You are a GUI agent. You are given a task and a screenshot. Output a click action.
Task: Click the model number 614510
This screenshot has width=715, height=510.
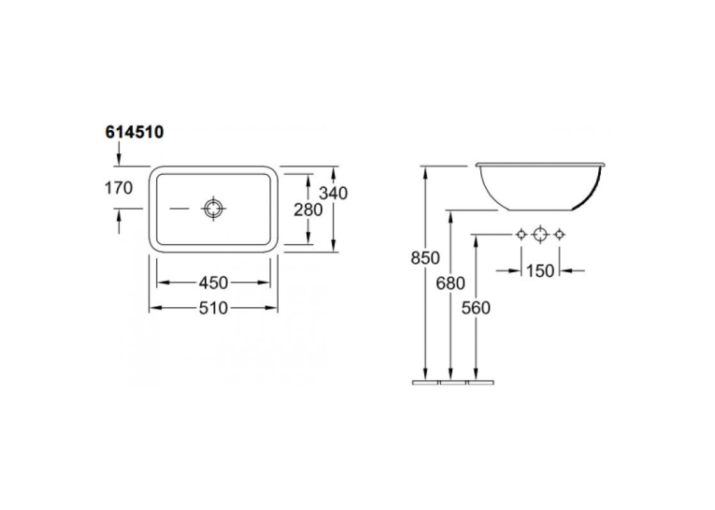point(134,132)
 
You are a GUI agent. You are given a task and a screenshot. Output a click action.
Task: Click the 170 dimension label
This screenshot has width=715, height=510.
point(119,188)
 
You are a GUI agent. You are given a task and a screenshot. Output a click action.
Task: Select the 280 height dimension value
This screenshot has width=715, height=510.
point(307,210)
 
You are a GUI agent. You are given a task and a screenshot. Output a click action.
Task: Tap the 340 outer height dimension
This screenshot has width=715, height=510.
point(333,193)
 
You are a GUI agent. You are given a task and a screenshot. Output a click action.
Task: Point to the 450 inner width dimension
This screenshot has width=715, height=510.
point(213,284)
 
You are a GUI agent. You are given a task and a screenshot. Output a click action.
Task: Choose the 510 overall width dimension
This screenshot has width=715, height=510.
point(213,308)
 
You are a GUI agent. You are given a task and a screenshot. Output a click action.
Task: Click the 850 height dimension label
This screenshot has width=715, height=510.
point(425,258)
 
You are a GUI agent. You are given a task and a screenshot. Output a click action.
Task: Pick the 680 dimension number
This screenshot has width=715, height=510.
point(450,284)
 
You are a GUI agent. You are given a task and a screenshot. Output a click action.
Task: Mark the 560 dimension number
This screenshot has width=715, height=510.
point(476,308)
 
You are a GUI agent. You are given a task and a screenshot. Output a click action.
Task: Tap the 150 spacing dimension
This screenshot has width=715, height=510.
point(540,271)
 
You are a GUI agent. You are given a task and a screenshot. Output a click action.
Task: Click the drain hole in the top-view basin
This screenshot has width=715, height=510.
point(213,209)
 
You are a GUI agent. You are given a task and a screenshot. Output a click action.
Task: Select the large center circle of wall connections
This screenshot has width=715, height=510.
point(540,235)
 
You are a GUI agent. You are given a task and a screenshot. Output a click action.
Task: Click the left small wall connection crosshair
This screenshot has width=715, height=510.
point(522,235)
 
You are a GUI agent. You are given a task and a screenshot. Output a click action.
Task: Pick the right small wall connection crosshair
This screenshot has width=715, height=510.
point(560,235)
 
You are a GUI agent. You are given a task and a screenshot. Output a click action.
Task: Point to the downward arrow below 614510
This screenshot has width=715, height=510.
point(119,153)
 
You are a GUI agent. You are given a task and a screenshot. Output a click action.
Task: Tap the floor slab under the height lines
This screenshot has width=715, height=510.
point(452,382)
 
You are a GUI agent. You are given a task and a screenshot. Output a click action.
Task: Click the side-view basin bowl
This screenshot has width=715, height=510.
point(540,186)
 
